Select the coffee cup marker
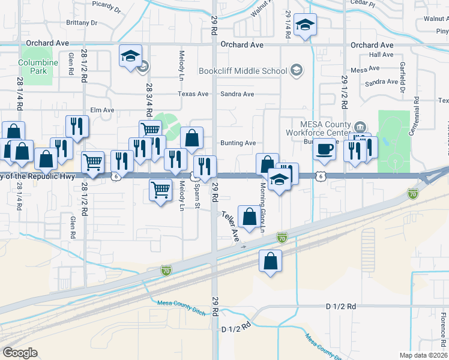tap(325, 148)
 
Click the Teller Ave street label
tap(231, 226)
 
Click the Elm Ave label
tap(101, 110)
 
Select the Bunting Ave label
tap(238, 143)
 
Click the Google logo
tap(20, 352)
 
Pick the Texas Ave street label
tap(193, 94)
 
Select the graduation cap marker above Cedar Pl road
tap(306, 25)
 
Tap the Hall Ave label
tap(381, 55)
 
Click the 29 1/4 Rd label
tap(288, 24)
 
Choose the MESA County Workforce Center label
tap(327, 127)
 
